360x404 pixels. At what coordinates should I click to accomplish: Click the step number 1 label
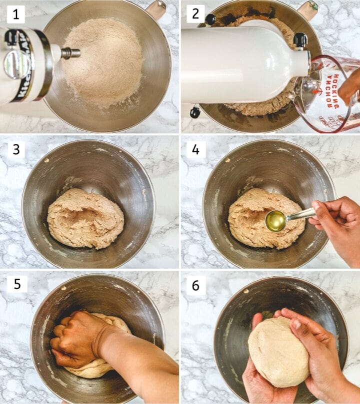pyautogui.click(x=16, y=14)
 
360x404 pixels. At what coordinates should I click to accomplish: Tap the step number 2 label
pyautogui.click(x=195, y=14)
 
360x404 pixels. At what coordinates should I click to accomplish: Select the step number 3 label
pyautogui.click(x=16, y=149)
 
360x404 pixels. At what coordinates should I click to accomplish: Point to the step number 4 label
pyautogui.click(x=195, y=149)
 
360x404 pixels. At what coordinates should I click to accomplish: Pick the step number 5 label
pyautogui.click(x=16, y=284)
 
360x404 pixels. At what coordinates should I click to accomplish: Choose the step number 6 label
pyautogui.click(x=195, y=284)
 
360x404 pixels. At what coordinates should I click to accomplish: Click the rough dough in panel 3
pyautogui.click(x=85, y=218)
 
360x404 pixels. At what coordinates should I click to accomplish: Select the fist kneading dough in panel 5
pyautogui.click(x=77, y=340)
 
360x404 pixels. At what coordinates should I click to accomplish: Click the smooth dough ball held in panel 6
pyautogui.click(x=278, y=353)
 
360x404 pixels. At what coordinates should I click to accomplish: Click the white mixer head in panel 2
pyautogui.click(x=240, y=65)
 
